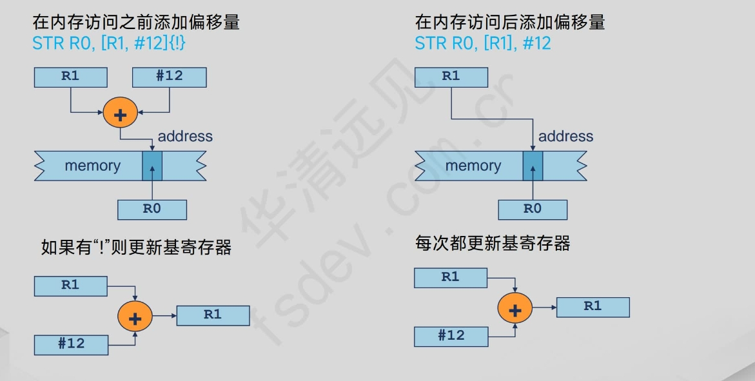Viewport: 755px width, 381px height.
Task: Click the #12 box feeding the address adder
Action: click(x=169, y=77)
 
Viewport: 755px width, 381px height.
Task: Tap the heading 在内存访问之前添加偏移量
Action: click(x=136, y=23)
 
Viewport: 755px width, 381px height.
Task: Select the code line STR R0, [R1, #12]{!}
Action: click(x=110, y=43)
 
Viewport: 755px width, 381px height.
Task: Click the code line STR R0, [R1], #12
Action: click(x=483, y=43)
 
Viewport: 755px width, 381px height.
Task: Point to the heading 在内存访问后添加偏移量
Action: click(x=510, y=23)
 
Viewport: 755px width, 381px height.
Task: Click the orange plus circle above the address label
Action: click(x=121, y=114)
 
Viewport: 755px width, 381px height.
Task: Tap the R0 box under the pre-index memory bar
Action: click(x=152, y=210)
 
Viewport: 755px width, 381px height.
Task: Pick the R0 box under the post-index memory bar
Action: click(x=533, y=210)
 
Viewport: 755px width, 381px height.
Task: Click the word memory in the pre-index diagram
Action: click(x=92, y=166)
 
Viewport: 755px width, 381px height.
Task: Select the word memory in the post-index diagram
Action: click(x=473, y=166)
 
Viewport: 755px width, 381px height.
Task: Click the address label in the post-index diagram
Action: click(x=565, y=137)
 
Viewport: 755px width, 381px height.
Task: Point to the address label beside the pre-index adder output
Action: click(x=185, y=137)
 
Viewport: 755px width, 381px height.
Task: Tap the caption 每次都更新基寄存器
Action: click(x=493, y=244)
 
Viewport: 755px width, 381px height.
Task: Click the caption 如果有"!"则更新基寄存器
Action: click(x=136, y=247)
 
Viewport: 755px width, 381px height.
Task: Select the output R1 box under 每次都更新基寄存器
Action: click(x=593, y=307)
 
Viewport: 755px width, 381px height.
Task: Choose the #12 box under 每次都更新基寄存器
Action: click(x=451, y=336)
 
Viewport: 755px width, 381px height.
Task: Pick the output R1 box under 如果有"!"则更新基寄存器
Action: click(x=213, y=315)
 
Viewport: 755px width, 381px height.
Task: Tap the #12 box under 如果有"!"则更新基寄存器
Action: click(x=71, y=344)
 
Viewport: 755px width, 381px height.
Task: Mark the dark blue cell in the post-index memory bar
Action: click(x=533, y=166)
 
